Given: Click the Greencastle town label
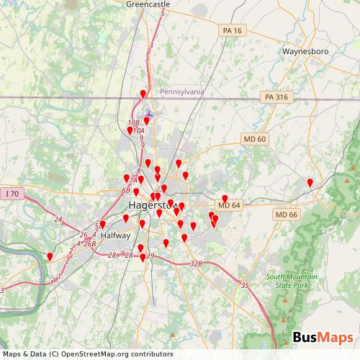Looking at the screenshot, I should click(x=148, y=4).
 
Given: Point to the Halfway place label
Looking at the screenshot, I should click(x=116, y=235).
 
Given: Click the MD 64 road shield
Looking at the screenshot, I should click(x=229, y=206).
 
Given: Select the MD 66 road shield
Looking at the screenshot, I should click(x=287, y=215).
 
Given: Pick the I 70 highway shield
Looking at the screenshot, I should click(x=12, y=194).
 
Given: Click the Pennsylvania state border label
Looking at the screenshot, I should click(x=182, y=92).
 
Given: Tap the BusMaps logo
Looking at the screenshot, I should click(x=323, y=337).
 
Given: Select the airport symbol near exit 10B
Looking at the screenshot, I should click(x=149, y=114).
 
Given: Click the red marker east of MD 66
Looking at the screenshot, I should click(x=310, y=183).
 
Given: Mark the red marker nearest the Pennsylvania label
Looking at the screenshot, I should click(x=143, y=94).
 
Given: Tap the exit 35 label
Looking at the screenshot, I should click(x=245, y=286).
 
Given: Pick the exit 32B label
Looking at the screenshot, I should click(x=197, y=264).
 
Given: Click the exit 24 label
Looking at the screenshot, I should click(x=58, y=219).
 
